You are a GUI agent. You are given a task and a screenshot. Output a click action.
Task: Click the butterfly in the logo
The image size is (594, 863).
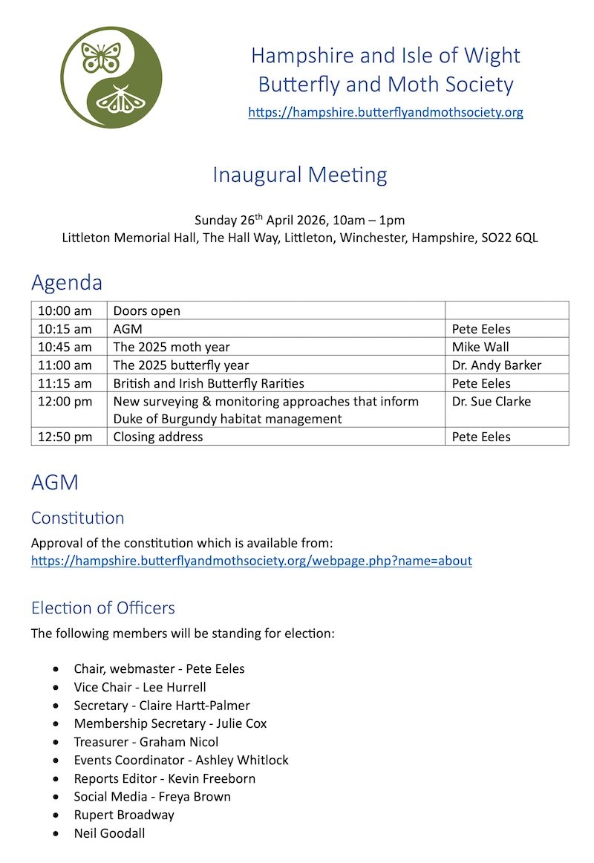pos(100,57)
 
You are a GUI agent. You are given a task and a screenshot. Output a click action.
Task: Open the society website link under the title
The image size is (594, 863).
pos(385,113)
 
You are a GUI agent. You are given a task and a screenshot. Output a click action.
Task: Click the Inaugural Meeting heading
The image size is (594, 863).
pos(300,175)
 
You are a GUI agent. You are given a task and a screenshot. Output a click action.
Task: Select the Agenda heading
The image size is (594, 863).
pos(67,283)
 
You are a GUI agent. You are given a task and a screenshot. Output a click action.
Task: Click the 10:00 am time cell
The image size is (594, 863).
pos(65,311)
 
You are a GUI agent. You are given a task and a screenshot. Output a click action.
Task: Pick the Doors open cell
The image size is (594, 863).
pos(147,311)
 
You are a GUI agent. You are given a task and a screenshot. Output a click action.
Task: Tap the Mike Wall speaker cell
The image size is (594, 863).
pos(480,347)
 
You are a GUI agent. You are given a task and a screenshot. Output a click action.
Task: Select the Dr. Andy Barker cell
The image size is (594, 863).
pos(497,365)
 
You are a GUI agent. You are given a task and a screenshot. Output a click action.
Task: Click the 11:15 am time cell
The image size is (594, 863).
pos(65,383)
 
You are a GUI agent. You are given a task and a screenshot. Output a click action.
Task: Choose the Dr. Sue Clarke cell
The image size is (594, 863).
pos(492,401)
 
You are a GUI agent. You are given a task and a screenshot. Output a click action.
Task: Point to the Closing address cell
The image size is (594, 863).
pos(158,437)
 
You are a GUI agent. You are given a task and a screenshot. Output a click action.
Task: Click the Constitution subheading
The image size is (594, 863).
pos(78,518)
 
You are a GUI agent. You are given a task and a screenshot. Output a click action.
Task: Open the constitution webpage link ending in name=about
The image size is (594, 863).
pos(252,561)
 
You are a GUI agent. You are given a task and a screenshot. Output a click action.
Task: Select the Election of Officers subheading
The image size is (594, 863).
pos(103,608)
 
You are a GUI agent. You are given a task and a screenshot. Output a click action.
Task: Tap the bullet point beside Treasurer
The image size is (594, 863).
pos(56,742)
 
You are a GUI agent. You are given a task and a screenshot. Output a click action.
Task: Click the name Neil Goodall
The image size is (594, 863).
pos(110,833)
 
